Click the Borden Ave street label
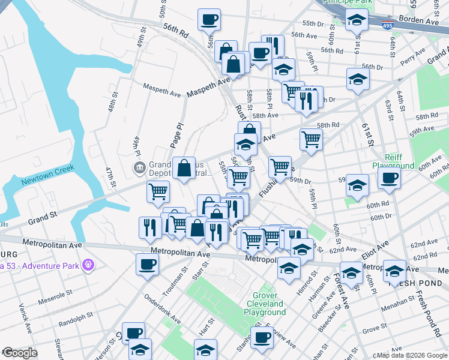[x=427, y=20]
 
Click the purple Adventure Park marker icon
[x=89, y=264]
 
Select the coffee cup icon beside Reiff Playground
[x=389, y=178]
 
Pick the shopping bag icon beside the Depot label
[x=184, y=167]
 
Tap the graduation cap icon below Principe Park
[x=357, y=22]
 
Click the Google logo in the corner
[x=20, y=353]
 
